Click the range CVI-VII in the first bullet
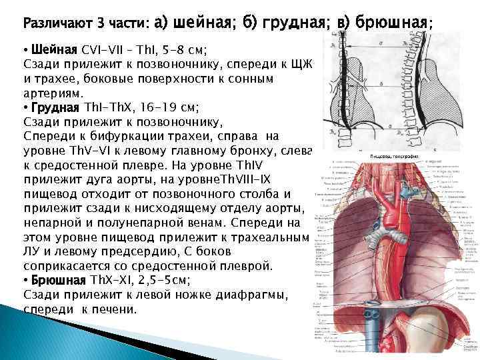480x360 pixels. point(104,50)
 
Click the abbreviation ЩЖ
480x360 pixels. point(311,65)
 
